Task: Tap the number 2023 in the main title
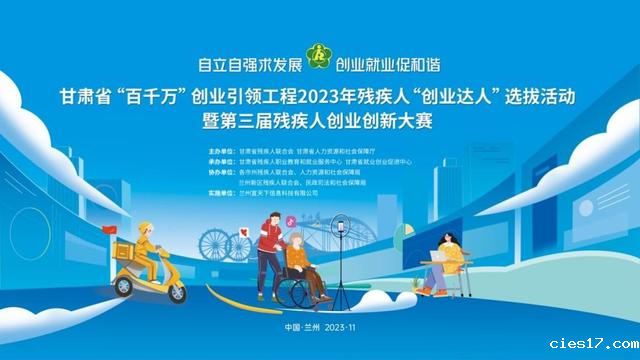328,98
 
